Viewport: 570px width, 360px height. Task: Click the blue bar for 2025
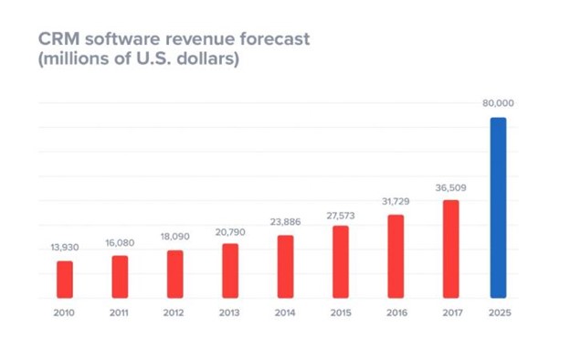point(498,207)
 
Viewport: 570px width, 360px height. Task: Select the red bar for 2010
point(64,280)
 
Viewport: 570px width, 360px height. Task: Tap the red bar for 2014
point(285,267)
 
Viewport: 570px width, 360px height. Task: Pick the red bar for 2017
point(450,249)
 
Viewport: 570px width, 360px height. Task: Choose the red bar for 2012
point(174,274)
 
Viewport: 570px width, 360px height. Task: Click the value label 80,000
point(498,103)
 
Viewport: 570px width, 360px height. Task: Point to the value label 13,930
point(64,247)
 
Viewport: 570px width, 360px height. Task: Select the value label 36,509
point(450,186)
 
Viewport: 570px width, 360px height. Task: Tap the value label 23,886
point(285,221)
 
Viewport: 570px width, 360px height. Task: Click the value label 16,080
point(119,242)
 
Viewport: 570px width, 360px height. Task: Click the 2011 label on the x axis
point(119,312)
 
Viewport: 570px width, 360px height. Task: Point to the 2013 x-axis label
point(229,312)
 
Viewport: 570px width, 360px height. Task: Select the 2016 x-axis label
point(396,312)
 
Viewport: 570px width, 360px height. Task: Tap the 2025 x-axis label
point(498,312)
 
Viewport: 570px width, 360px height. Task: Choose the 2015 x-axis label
point(340,312)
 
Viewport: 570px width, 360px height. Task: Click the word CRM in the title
point(58,41)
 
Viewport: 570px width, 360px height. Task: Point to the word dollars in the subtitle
point(207,61)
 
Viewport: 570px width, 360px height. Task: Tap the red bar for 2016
point(396,256)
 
